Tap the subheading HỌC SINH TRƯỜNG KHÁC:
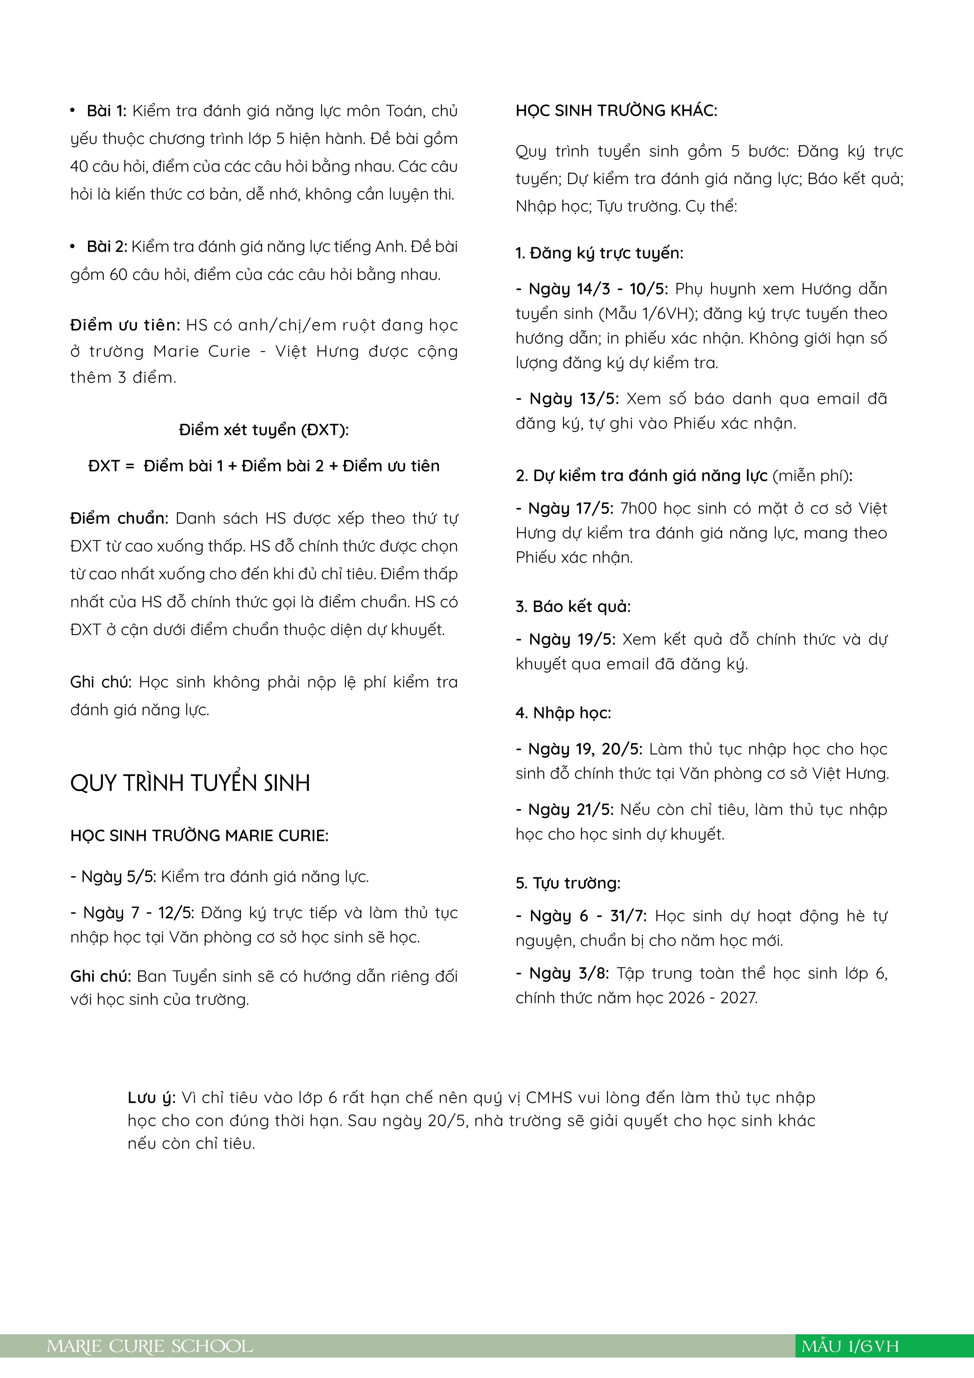click(x=616, y=111)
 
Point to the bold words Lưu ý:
click(x=151, y=1098)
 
